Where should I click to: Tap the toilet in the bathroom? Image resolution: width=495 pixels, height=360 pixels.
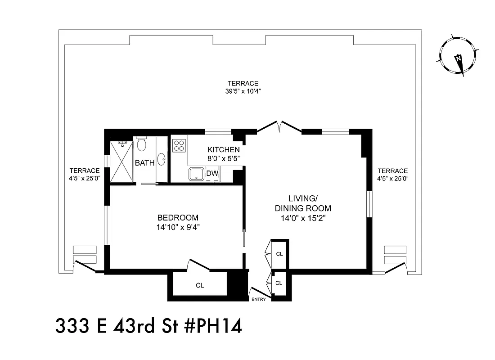click(142, 145)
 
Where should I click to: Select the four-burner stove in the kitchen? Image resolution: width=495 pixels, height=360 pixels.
click(179, 145)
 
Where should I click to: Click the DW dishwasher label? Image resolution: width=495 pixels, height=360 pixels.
click(211, 174)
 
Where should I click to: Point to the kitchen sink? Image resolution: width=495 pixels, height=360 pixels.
click(196, 174)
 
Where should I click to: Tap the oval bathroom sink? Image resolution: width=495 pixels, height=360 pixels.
click(162, 159)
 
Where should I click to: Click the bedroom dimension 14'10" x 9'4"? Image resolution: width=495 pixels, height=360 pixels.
click(175, 227)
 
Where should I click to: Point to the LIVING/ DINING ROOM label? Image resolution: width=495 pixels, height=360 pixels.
click(303, 203)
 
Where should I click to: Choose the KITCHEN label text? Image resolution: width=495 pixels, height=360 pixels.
click(223, 149)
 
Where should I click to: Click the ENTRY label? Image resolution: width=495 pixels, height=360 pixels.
click(258, 299)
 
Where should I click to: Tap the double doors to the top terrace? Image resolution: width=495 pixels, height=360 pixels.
click(279, 127)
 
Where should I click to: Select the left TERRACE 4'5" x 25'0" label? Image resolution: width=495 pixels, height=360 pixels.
click(84, 174)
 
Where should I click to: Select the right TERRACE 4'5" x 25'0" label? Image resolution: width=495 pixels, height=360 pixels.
click(392, 174)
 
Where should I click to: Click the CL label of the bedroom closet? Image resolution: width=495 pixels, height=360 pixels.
click(199, 285)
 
